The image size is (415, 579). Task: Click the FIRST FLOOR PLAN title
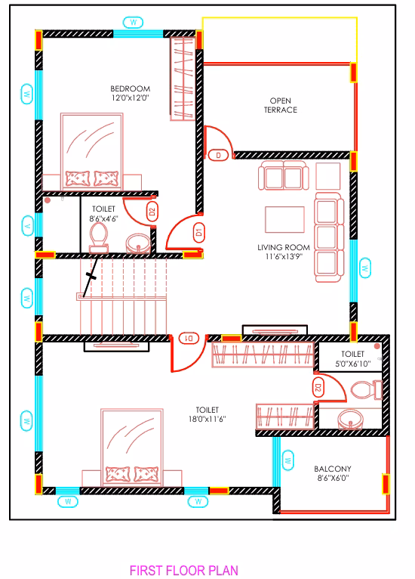184,570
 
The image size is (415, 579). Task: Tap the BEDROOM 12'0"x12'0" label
131,93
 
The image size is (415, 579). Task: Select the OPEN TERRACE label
281,105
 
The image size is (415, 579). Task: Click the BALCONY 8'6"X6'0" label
333,473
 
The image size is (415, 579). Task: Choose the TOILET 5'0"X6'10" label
352,359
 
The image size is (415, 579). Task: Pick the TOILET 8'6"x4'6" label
103,214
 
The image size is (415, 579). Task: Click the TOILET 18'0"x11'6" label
207,414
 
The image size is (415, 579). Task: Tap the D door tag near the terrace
218,156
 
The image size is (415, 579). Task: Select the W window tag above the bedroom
133,23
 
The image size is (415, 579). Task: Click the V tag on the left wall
28,225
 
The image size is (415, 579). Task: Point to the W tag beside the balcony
287,460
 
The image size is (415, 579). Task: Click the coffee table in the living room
284,219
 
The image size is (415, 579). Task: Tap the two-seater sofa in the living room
284,175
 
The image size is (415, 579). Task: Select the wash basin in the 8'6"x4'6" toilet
138,243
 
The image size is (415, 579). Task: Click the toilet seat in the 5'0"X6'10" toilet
367,390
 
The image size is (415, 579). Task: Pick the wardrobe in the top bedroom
182,79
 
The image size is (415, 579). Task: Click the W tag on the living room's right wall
365,268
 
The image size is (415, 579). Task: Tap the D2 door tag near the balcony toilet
318,388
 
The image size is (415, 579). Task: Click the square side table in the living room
328,176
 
